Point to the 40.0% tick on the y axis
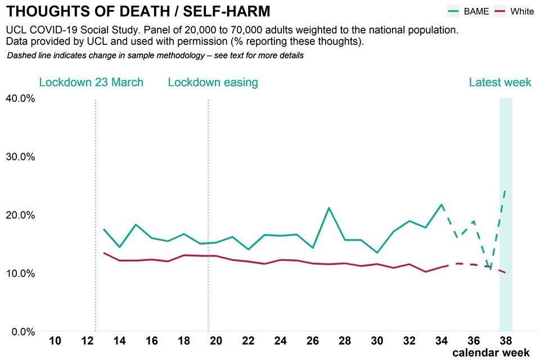click(20, 98)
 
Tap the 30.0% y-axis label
click(20, 157)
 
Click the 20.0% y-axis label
click(20, 215)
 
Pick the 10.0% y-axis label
click(20, 273)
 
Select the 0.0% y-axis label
click(22, 332)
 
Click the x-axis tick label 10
click(55, 341)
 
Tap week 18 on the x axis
click(184, 341)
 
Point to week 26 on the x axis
click(313, 341)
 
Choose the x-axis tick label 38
click(506, 341)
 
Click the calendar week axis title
click(490, 353)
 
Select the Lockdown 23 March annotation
click(91, 83)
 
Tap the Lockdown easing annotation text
click(213, 83)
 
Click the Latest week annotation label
click(500, 83)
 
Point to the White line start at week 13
click(103, 253)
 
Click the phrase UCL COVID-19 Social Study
click(69, 30)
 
